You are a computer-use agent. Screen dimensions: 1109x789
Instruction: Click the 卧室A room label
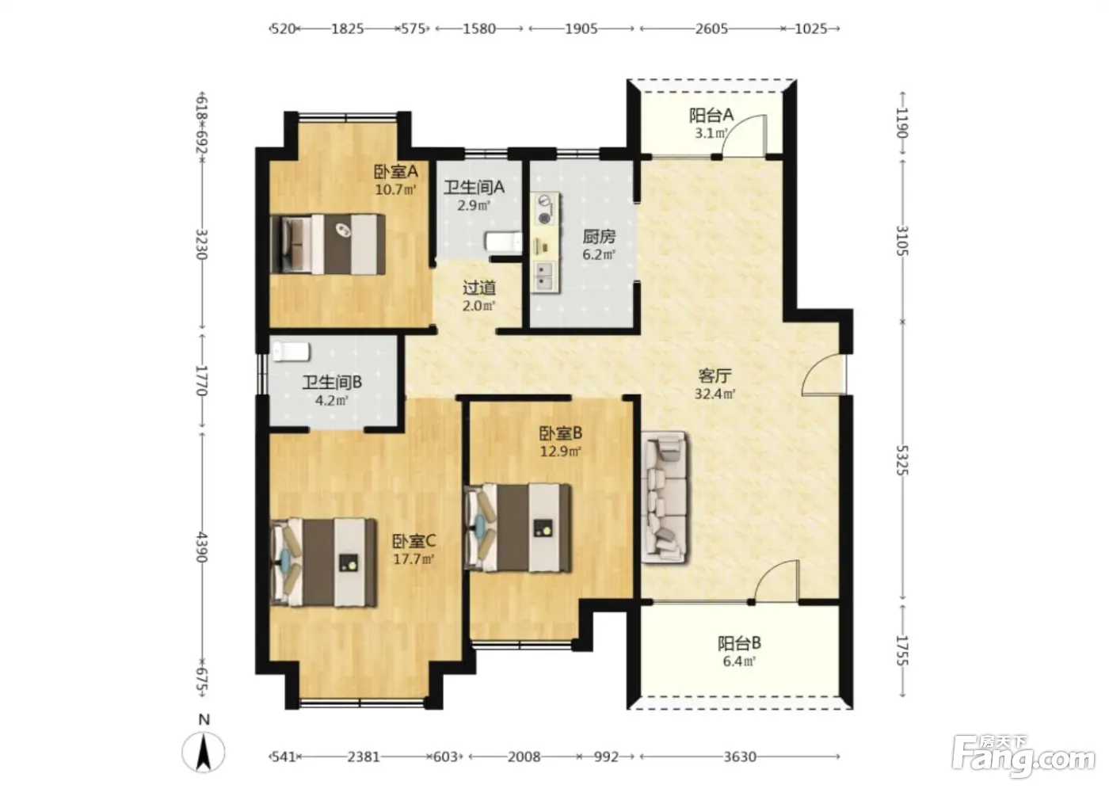(x=395, y=172)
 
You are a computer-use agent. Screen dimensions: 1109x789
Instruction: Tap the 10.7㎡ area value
(x=395, y=189)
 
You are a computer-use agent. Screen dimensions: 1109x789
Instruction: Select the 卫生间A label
(x=474, y=188)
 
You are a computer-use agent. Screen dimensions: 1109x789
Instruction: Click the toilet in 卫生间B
(x=292, y=352)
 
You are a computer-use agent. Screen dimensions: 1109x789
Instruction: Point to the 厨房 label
(x=599, y=237)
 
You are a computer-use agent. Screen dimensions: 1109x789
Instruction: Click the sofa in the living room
(x=665, y=497)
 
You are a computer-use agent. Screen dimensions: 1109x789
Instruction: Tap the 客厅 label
(x=715, y=377)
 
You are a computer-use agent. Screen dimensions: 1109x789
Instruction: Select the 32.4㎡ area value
(x=715, y=394)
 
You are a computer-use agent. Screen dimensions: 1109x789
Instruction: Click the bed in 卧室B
(x=518, y=528)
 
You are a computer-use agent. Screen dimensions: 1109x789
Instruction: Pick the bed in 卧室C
(x=324, y=562)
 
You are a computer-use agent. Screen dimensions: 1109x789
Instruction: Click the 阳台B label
(x=739, y=643)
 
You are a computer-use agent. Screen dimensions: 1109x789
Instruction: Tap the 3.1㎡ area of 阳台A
(x=711, y=133)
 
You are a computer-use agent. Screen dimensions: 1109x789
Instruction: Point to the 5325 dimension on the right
(x=903, y=460)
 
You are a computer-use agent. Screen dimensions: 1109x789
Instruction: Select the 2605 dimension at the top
(x=711, y=29)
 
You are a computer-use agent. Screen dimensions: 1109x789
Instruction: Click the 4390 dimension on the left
(x=201, y=547)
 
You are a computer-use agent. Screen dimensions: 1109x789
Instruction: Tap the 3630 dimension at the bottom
(x=740, y=757)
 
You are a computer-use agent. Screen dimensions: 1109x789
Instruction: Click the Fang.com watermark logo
(x=1023, y=760)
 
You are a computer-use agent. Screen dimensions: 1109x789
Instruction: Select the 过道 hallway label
(x=479, y=288)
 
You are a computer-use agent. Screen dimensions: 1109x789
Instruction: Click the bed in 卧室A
(x=328, y=244)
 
